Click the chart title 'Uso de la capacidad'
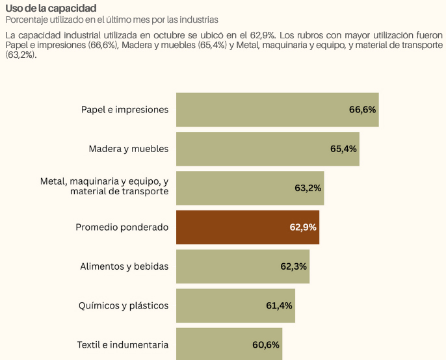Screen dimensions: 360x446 coord(51,8)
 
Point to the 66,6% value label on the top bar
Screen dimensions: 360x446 coord(362,110)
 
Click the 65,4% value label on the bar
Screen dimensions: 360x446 coord(343,149)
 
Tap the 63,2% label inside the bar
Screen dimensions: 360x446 coord(308,188)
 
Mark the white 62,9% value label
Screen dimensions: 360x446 coord(303,227)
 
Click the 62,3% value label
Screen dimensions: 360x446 coord(294,266)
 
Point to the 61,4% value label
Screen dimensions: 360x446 coord(279,305)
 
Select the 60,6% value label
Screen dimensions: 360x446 coord(266,344)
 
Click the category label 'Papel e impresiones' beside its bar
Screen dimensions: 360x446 coord(124,110)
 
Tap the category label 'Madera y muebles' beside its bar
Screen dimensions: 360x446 coord(128,149)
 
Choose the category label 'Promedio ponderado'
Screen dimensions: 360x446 coord(122,227)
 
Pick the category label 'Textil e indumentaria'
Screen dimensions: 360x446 coord(122,344)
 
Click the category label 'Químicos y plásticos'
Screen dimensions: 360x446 coord(123,305)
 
